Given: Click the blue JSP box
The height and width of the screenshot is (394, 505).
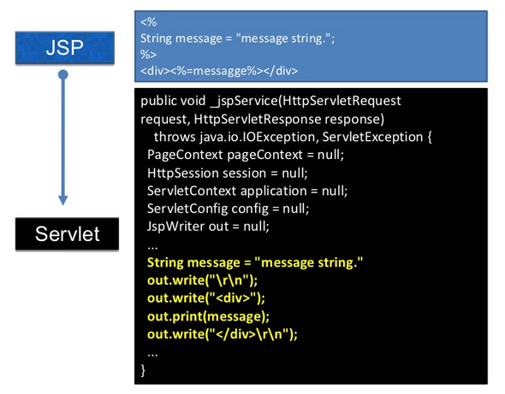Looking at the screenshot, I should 64,47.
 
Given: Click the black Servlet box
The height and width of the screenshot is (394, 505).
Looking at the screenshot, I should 63,233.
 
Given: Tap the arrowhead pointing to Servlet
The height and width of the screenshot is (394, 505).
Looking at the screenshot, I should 63,199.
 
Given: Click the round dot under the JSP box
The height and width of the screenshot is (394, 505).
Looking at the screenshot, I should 63,75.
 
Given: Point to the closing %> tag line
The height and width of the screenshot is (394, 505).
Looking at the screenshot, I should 148,54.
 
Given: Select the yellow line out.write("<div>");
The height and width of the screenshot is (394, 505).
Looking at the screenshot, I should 206,298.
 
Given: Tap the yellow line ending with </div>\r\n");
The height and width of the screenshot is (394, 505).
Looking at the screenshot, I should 228,334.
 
